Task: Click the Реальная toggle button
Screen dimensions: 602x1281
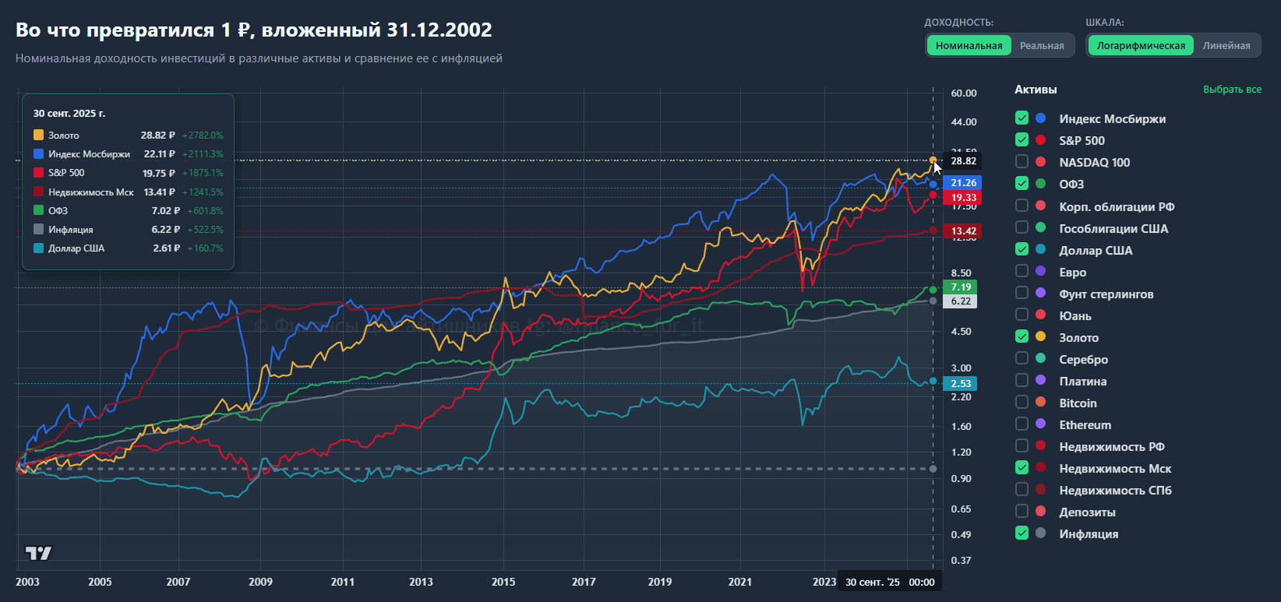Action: (x=1042, y=46)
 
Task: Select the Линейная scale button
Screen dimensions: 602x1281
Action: (x=1226, y=46)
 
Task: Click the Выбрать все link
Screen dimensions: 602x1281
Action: (x=1232, y=90)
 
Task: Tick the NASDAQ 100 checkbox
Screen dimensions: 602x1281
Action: (x=1022, y=162)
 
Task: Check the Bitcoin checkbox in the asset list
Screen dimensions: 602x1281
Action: (x=1022, y=403)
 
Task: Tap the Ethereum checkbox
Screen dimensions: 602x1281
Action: (x=1022, y=424)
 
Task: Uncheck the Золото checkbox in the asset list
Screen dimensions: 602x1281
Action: (x=1022, y=336)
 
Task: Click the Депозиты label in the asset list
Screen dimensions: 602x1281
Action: (x=1087, y=512)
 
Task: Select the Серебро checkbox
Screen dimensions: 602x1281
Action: (x=1022, y=358)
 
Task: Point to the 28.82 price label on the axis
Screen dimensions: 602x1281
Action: (x=963, y=161)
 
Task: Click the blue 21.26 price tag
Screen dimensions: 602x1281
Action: (x=963, y=183)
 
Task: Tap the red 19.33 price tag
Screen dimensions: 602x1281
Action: (x=963, y=198)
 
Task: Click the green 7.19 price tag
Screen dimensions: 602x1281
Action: (x=960, y=287)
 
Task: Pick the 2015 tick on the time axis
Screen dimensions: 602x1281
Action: (x=503, y=582)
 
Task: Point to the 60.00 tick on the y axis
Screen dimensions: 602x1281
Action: (x=963, y=93)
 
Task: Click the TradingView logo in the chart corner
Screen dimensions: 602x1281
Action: (x=38, y=554)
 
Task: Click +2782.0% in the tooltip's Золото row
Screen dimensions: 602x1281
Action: (x=203, y=136)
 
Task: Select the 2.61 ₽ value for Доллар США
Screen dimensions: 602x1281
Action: (x=164, y=248)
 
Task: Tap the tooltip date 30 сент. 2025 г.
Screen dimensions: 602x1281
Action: (x=69, y=114)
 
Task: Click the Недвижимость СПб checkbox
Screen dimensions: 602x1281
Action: (x=1022, y=490)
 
